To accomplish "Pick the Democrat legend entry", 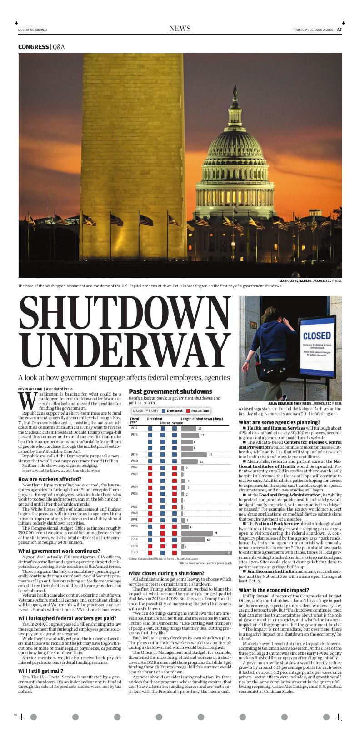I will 172,411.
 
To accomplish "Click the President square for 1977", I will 150,428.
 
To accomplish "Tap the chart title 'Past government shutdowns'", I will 170,391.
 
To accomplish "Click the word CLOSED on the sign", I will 317,336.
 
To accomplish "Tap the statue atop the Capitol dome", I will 235,91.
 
